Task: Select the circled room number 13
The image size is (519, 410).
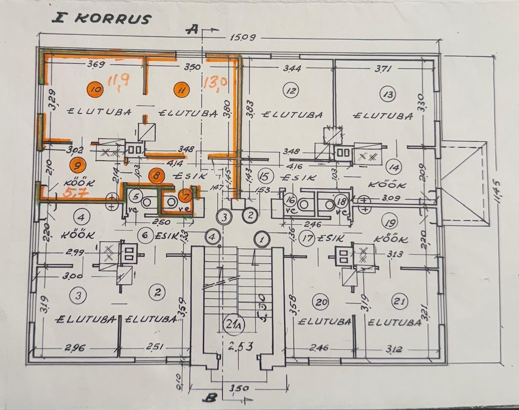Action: pyautogui.click(x=388, y=95)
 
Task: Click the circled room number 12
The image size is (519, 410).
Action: pyautogui.click(x=291, y=91)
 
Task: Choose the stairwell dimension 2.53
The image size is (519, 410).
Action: pyautogui.click(x=241, y=346)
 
